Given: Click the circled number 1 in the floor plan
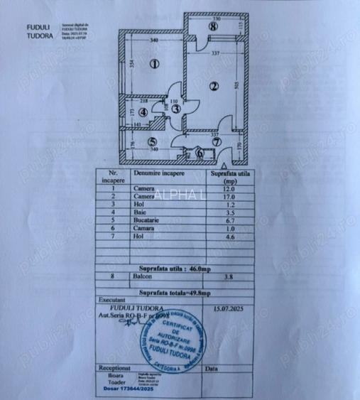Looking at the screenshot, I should pos(154,63).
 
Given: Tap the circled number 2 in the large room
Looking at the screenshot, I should pos(212,87).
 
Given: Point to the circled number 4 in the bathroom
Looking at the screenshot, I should pos(143,112).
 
